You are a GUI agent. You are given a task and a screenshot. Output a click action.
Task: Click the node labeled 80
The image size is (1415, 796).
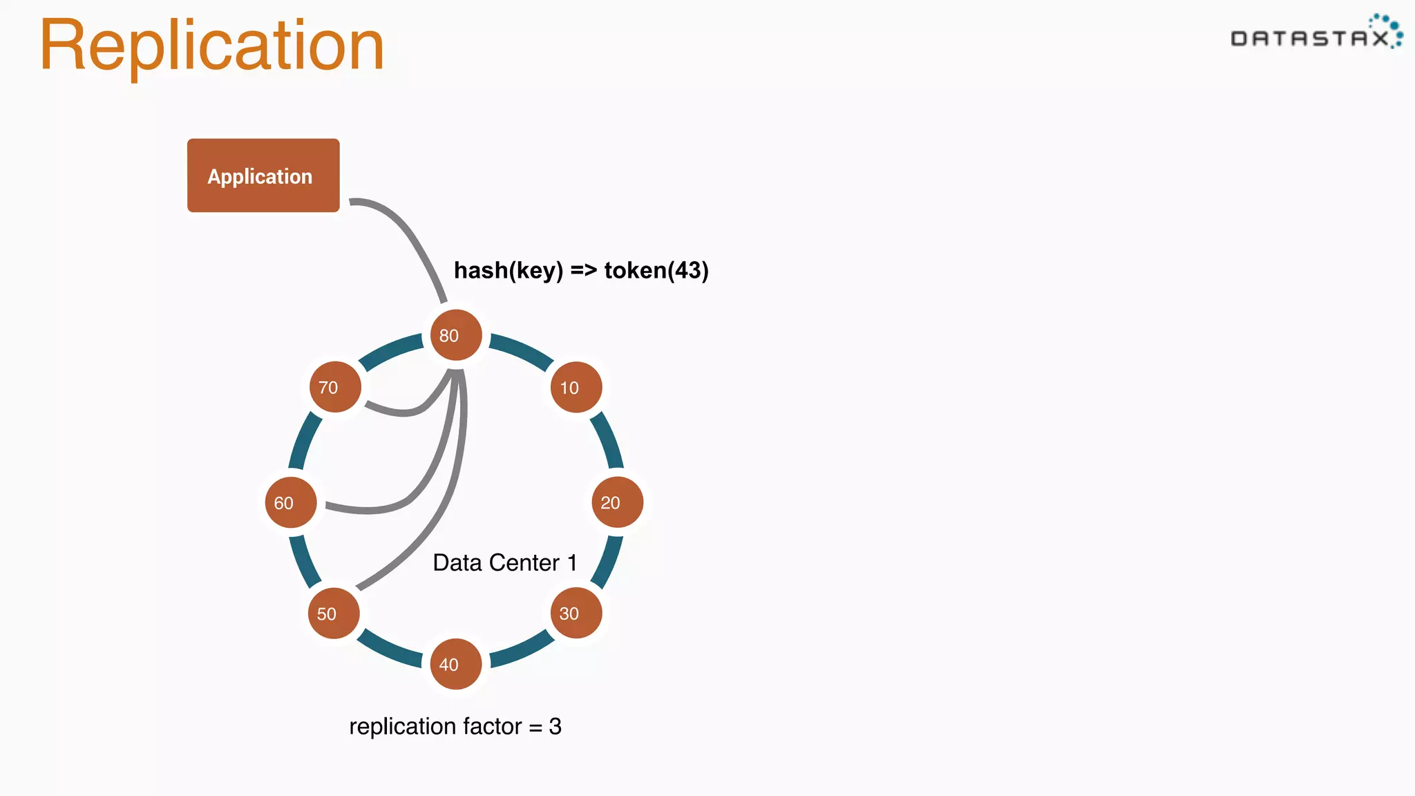pyautogui.click(x=456, y=335)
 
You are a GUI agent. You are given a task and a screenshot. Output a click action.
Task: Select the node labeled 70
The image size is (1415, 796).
pyautogui.click(x=335, y=387)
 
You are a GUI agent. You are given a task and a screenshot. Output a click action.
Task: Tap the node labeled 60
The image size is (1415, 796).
pyautogui.click(x=291, y=502)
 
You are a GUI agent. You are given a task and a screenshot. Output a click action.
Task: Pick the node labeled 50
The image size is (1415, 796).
pyautogui.click(x=334, y=613)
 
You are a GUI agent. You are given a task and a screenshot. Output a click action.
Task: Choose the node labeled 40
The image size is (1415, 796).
pyautogui.click(x=456, y=664)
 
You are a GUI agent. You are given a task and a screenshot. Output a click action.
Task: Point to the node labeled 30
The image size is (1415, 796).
pyautogui.click(x=576, y=613)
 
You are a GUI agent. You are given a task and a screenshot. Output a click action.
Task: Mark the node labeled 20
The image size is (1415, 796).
pyautogui.click(x=617, y=502)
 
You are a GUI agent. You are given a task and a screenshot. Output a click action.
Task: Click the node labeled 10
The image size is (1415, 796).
pyautogui.click(x=576, y=387)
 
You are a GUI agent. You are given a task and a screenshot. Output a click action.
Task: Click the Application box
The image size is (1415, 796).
pyautogui.click(x=263, y=176)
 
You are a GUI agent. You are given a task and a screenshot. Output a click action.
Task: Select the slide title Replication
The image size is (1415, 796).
pyautogui.click(x=211, y=46)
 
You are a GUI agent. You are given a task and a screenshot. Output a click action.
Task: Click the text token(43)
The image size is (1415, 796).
pyautogui.click(x=656, y=270)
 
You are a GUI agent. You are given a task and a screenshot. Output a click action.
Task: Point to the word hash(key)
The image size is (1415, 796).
pyautogui.click(x=509, y=270)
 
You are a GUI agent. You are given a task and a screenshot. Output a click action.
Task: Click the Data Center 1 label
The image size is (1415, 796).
pyautogui.click(x=504, y=562)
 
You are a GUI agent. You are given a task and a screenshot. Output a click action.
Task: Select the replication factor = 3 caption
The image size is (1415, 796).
pyautogui.click(x=455, y=726)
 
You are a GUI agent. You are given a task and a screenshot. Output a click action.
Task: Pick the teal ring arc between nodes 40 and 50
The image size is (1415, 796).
pyautogui.click(x=388, y=650)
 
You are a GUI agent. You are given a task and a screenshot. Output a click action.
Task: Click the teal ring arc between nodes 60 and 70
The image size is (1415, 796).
pyautogui.click(x=305, y=440)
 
